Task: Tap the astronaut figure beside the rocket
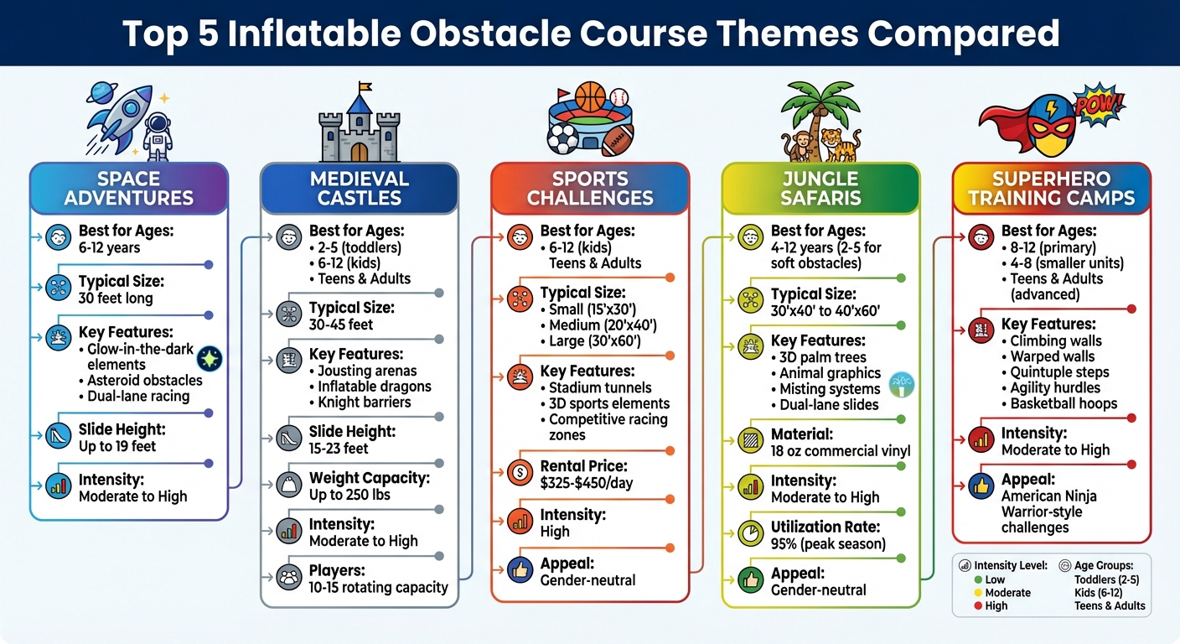click(158, 135)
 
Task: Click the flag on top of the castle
click(364, 87)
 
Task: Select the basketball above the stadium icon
click(589, 97)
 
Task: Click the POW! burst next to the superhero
click(1098, 103)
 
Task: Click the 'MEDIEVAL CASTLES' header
click(360, 189)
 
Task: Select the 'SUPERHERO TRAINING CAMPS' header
click(1051, 189)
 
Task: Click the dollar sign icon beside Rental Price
click(520, 474)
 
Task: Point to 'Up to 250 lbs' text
click(349, 494)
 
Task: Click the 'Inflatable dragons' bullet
click(374, 387)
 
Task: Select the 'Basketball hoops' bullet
click(1063, 403)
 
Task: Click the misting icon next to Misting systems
click(902, 384)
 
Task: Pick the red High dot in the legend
click(979, 606)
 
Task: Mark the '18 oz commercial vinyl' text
click(841, 450)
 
